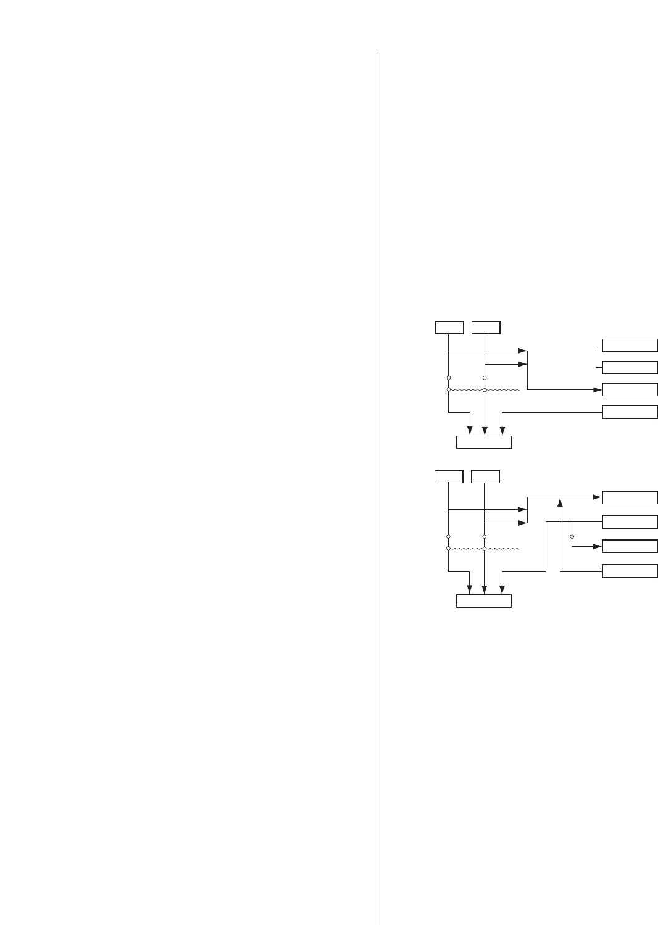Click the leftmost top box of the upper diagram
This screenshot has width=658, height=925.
point(449,328)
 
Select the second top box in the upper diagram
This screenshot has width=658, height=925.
point(486,328)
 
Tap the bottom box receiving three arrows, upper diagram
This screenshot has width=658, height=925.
point(484,442)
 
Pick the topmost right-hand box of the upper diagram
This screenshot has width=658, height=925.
point(630,345)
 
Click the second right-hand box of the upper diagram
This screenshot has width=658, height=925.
point(630,367)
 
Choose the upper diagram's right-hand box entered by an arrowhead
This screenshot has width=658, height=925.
point(630,389)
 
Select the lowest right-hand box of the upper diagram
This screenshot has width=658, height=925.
point(630,412)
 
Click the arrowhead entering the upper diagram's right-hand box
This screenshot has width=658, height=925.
point(597,389)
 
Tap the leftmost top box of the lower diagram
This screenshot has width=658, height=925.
point(449,476)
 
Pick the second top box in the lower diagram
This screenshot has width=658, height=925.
point(485,476)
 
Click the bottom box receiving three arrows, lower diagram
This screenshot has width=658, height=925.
point(484,601)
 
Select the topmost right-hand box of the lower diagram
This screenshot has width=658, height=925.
point(630,497)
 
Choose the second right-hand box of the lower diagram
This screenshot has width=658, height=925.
point(630,522)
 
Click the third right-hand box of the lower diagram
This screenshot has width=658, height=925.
point(630,546)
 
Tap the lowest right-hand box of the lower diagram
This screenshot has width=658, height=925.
point(630,571)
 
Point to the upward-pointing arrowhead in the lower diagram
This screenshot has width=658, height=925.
point(560,500)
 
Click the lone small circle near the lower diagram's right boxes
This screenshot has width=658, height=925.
point(572,536)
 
